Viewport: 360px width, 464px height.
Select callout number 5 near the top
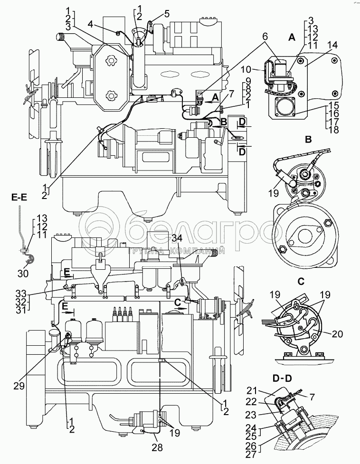(167, 13)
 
